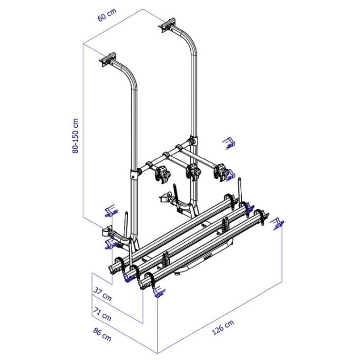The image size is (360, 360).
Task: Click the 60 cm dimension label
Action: pos(107,15)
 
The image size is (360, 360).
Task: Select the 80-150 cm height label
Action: pos(75,136)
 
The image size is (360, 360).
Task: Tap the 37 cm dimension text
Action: pos(102,294)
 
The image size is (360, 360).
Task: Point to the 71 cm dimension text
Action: pos(102,314)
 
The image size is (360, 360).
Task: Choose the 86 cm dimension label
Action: pos(102,334)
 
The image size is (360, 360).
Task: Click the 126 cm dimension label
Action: pos(223,328)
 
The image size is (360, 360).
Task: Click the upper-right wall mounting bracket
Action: pos(168,25)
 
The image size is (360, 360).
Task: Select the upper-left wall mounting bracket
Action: pos(108,59)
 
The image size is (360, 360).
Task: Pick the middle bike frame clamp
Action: pos(193,171)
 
